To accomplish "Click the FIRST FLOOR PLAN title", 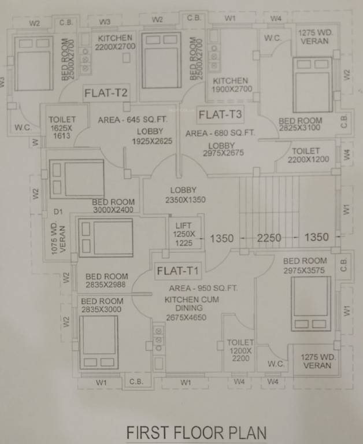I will [x=197, y=432].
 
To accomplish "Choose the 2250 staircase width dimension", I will [x=269, y=237].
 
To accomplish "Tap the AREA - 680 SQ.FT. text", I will [x=220, y=133].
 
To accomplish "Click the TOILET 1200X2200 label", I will [x=240, y=350].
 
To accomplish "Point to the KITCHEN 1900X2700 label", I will [x=230, y=85].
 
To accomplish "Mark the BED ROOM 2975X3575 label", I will [x=305, y=265].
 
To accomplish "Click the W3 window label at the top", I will [x=105, y=21].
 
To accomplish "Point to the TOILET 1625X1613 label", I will [x=62, y=127].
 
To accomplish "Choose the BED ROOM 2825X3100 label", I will [x=300, y=124].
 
